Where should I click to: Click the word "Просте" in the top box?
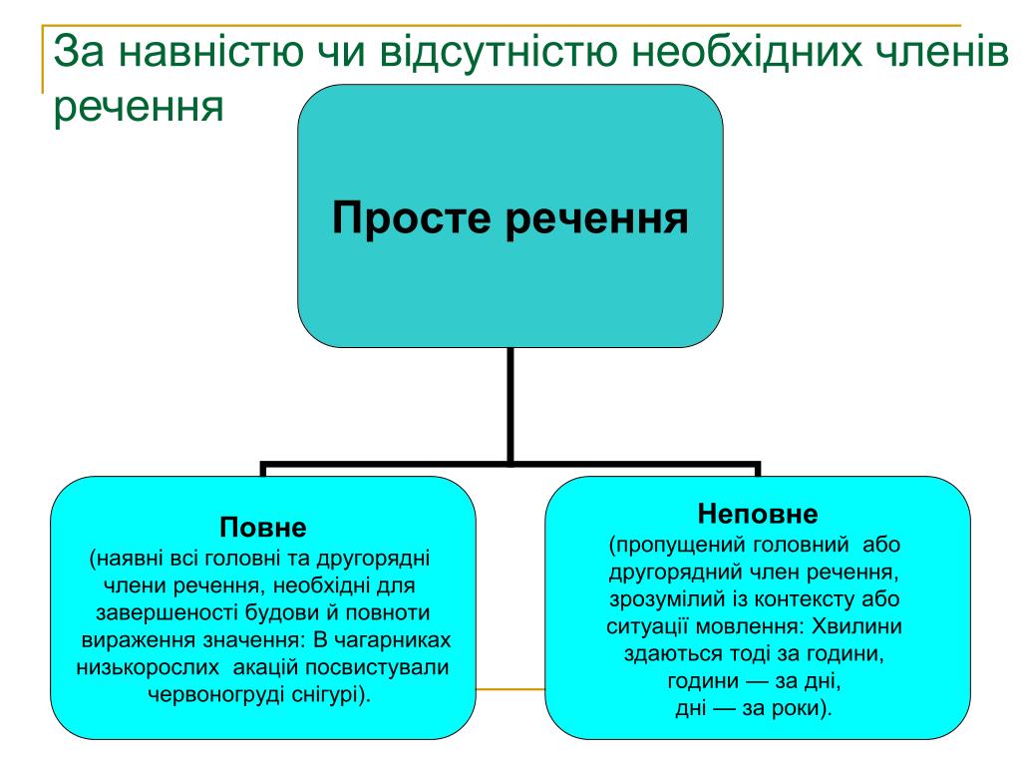coord(411,217)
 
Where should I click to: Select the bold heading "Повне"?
coord(263,527)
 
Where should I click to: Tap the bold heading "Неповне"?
coord(758,514)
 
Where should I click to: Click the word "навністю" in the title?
coord(210,52)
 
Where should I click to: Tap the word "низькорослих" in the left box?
coord(148,667)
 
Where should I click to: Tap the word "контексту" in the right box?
coord(803,599)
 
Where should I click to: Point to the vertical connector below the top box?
coord(510,405)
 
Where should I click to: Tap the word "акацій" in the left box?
coord(265,667)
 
